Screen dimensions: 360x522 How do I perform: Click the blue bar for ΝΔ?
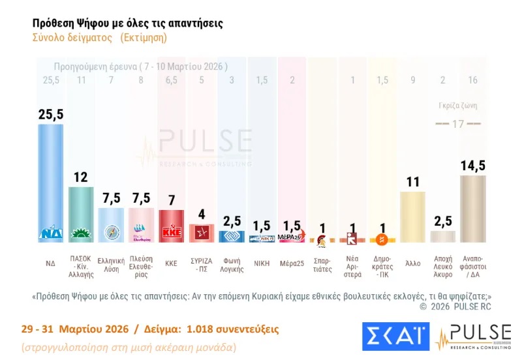coord(50,183)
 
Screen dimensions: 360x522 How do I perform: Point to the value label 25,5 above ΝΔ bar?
coord(50,114)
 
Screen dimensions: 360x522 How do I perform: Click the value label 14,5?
coord(472,166)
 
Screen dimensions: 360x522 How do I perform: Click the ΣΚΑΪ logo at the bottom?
coord(395,335)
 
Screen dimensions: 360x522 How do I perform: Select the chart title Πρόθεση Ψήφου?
coord(127,23)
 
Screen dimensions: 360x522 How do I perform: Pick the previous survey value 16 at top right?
coord(472,80)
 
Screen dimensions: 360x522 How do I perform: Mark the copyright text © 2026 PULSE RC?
coord(455,307)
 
